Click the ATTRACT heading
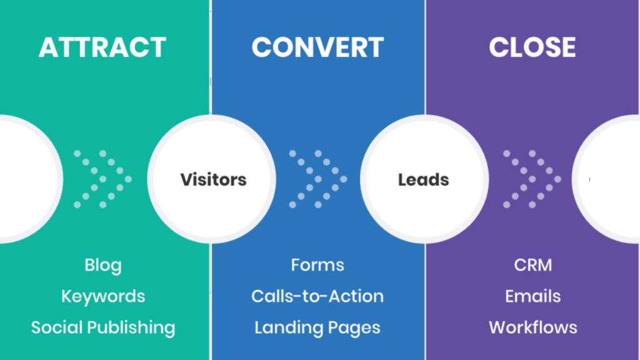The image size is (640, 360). (x=102, y=48)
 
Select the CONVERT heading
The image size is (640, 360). (x=317, y=48)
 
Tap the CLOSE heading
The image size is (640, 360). (x=532, y=48)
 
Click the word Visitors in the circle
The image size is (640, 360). (x=213, y=180)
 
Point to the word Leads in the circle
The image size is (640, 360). (x=424, y=180)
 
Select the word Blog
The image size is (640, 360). (x=103, y=265)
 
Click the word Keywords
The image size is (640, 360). (x=103, y=296)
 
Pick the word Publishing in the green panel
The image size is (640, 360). (x=134, y=327)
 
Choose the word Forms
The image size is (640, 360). (x=317, y=265)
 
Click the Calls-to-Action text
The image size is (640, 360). (x=317, y=296)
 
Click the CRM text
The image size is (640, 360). (x=533, y=265)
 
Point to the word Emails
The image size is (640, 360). (x=533, y=296)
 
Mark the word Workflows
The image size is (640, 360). (x=533, y=327)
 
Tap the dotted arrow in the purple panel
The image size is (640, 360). (x=532, y=179)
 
